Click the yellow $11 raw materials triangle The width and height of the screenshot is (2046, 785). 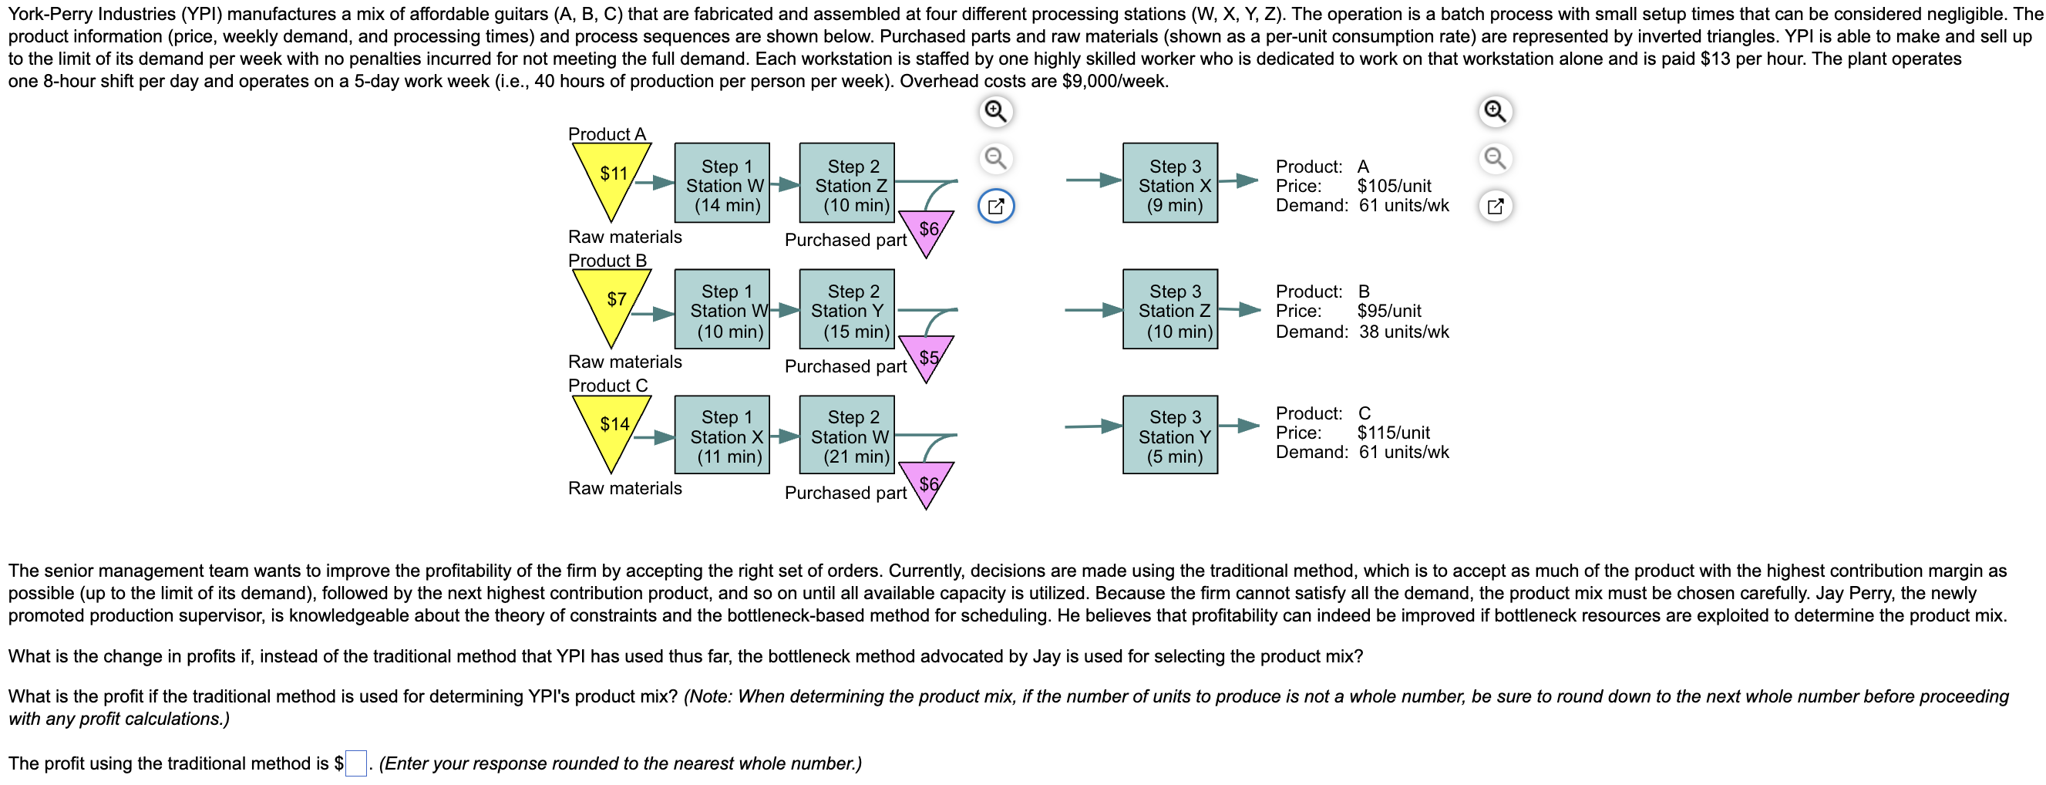tap(611, 175)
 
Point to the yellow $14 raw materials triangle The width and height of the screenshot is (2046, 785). tap(611, 426)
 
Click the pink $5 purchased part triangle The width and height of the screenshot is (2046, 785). tap(926, 355)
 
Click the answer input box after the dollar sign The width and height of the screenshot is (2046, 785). tap(356, 763)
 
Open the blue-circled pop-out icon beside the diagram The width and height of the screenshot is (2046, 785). tap(995, 207)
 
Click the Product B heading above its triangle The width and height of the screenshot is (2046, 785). tap(607, 261)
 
